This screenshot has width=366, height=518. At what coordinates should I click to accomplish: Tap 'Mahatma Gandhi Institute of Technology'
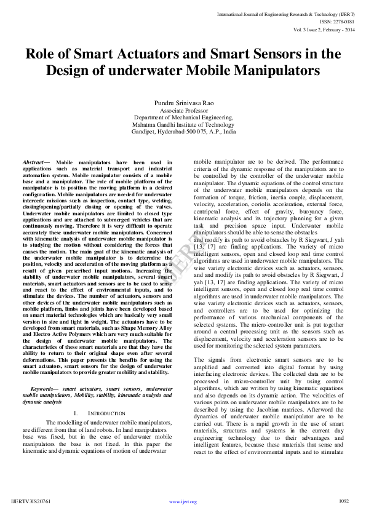tap(183, 124)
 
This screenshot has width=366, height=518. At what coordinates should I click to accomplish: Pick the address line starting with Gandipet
tap(183, 132)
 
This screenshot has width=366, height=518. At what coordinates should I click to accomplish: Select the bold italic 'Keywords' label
tap(43, 388)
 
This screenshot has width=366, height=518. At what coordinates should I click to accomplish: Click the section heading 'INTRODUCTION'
tap(108, 413)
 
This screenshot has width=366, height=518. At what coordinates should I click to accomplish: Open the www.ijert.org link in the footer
tap(183, 501)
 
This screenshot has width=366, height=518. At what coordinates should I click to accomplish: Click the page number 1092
tap(344, 501)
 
